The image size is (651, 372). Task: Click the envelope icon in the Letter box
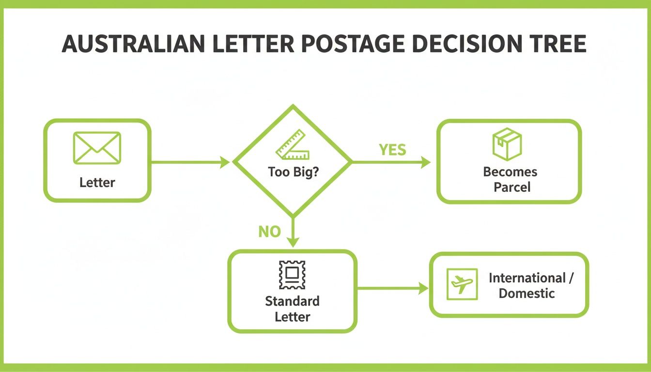pyautogui.click(x=97, y=148)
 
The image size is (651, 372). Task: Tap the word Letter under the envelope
pyautogui.click(x=97, y=183)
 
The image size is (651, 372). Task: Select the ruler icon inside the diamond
pyautogui.click(x=293, y=144)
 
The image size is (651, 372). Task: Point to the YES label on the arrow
pyautogui.click(x=392, y=150)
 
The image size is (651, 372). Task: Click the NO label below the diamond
pyautogui.click(x=269, y=232)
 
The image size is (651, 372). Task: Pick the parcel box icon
pyautogui.click(x=507, y=144)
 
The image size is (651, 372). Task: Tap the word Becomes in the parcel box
pyautogui.click(x=510, y=171)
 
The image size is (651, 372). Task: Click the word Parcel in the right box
pyautogui.click(x=512, y=186)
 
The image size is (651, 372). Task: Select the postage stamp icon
pyautogui.click(x=292, y=275)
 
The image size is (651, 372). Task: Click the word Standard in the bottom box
pyautogui.click(x=292, y=301)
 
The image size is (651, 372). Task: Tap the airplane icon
pyautogui.click(x=462, y=284)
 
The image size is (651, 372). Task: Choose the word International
pyautogui.click(x=527, y=278)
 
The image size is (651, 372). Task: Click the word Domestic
pyautogui.click(x=527, y=293)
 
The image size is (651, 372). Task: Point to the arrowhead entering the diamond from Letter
pyautogui.click(x=225, y=163)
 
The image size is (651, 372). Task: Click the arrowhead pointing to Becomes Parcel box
pyautogui.click(x=426, y=163)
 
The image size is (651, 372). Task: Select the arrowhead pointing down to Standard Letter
pyautogui.click(x=293, y=242)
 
